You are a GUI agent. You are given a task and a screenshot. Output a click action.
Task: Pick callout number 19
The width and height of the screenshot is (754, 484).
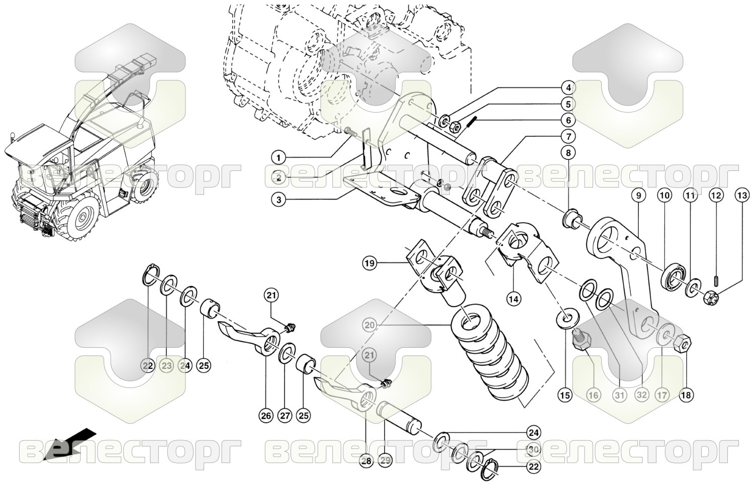click(370, 263)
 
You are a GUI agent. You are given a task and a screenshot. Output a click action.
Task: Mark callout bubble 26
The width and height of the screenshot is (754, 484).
click(265, 416)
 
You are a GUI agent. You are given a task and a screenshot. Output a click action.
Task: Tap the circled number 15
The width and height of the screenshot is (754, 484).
click(566, 396)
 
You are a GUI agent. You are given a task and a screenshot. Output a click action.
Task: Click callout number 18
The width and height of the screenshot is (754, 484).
click(686, 396)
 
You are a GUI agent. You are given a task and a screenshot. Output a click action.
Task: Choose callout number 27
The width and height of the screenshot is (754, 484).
click(285, 416)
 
